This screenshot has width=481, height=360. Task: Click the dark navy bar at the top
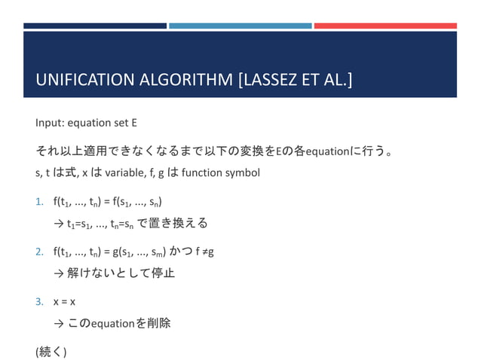click(x=94, y=26)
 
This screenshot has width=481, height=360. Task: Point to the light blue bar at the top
click(x=240, y=26)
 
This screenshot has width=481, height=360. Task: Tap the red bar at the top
click(x=384, y=26)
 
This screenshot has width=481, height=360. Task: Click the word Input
click(x=47, y=123)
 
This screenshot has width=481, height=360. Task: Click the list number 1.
click(x=39, y=202)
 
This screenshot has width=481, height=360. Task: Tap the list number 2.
click(x=39, y=251)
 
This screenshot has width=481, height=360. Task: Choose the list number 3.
click(x=39, y=301)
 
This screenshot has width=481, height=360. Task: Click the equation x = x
click(x=64, y=301)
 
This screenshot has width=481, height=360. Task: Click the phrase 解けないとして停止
click(x=121, y=273)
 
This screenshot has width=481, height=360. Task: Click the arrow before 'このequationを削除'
click(x=59, y=323)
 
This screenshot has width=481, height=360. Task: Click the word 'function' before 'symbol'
click(x=201, y=172)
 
